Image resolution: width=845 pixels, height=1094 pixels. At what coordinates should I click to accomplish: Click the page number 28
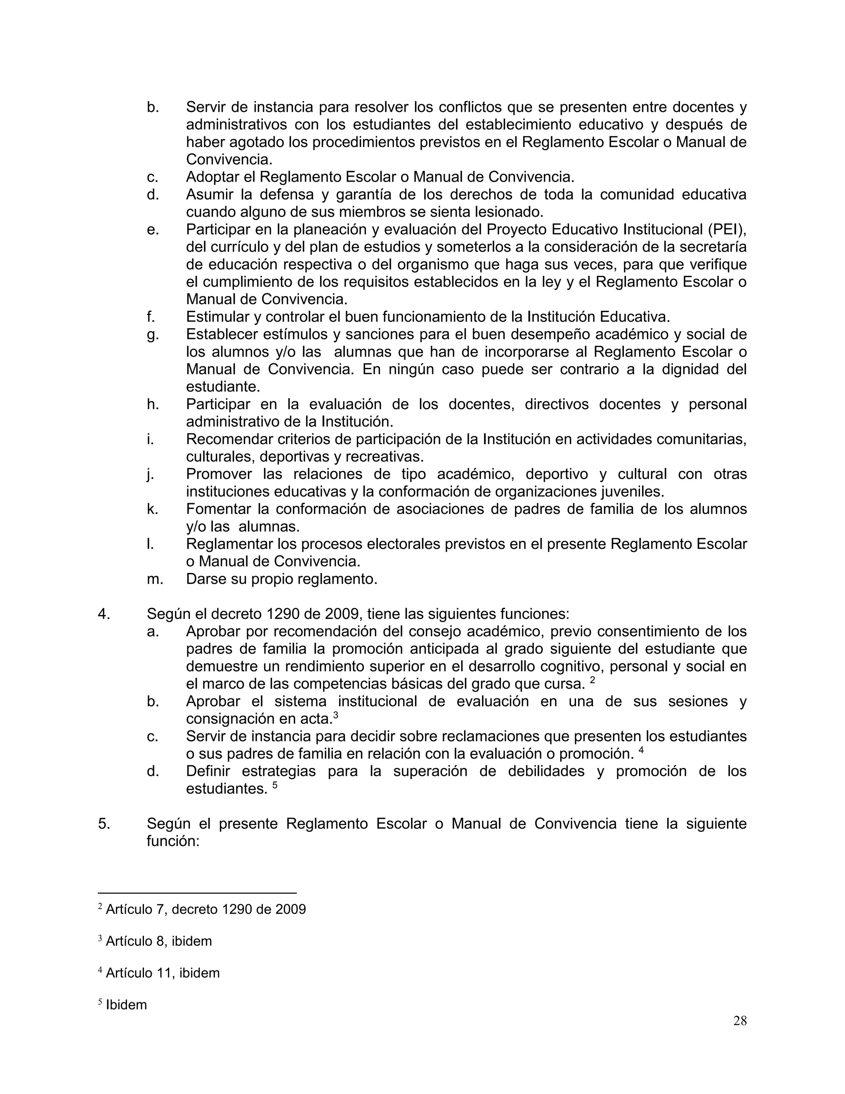(739, 1021)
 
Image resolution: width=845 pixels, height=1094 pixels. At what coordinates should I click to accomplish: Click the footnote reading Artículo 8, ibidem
(159, 941)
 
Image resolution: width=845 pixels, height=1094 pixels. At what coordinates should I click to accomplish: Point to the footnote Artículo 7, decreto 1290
(205, 909)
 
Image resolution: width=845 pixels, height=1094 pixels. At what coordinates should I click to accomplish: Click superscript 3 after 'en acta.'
(335, 716)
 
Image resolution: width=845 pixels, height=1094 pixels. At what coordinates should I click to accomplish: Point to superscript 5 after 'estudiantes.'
(275, 786)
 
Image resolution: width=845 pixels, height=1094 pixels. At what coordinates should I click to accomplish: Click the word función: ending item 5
(173, 841)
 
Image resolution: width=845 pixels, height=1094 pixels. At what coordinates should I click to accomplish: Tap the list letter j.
(150, 474)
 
